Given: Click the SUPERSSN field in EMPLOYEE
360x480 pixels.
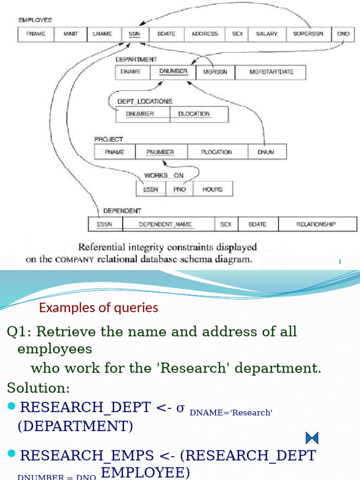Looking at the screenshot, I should pos(308,34).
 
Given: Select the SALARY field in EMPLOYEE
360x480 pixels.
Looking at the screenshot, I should pos(267,34).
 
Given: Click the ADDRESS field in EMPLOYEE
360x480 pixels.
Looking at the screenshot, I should pos(205,34).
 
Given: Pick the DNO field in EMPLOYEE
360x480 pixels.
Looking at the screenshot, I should pos(343,34).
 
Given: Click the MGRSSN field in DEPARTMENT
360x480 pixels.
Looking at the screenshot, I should pos(215,72).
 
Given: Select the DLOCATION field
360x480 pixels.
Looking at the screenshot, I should pos(194,114).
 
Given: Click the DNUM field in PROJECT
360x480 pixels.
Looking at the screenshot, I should pos(266,152).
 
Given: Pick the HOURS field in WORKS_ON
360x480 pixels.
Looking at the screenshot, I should pos(212,189).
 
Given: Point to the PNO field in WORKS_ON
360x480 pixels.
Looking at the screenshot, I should pos(180,189).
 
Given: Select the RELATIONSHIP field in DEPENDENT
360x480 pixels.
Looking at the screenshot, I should pos(316,225).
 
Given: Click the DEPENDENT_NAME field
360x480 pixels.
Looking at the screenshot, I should pos(165,225).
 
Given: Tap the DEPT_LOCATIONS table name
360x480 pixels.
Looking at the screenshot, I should pos(145,101).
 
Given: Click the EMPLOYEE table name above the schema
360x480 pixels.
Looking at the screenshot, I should pos(35,20).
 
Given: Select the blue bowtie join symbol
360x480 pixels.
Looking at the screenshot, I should pos(312,438).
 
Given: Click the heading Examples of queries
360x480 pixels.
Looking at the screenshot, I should pos(98,308).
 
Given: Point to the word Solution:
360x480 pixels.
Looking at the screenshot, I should pos(38,388).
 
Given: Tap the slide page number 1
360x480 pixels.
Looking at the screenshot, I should pos(340,262).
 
